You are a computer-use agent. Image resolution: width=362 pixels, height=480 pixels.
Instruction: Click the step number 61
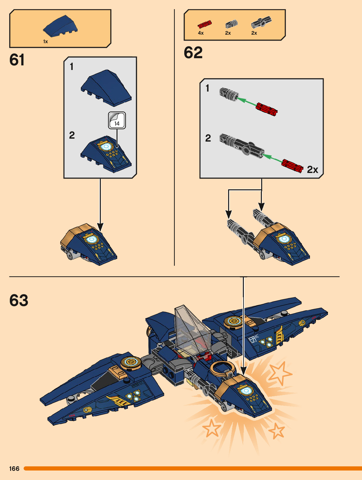[17, 60]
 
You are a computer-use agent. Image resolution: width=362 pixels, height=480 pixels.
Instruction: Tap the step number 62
[193, 53]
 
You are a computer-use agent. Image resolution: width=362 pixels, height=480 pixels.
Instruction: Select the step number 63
[19, 300]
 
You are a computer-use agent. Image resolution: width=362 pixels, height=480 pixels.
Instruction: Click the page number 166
[14, 469]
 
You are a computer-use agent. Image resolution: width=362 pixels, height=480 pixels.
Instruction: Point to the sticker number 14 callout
[117, 121]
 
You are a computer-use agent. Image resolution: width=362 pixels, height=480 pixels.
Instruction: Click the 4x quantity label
[201, 33]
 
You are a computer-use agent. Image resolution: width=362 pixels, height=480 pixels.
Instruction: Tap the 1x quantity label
[45, 42]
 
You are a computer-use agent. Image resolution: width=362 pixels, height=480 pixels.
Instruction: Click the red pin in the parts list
[205, 25]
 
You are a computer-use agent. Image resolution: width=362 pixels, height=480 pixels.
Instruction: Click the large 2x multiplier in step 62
[312, 170]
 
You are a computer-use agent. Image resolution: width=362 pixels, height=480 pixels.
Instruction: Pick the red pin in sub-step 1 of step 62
[266, 109]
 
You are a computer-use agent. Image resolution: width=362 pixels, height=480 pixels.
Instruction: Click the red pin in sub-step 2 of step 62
[292, 165]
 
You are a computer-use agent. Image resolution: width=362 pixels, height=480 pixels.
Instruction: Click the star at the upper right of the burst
[280, 373]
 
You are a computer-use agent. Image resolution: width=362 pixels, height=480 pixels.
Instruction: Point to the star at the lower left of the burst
[211, 428]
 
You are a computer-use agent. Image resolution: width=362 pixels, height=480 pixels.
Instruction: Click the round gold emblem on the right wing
[234, 321]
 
